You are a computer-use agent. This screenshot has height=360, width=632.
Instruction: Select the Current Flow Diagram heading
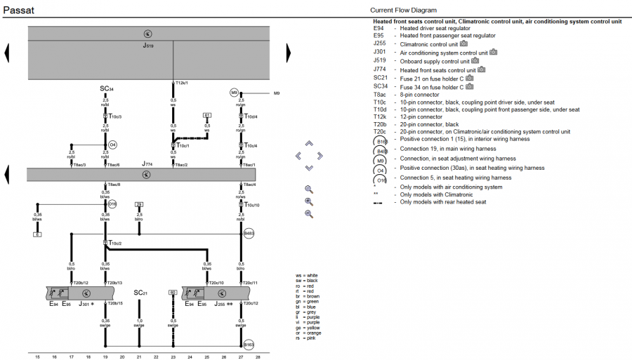(x=403, y=10)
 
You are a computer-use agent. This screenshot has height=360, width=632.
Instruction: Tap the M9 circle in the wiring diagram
(x=234, y=93)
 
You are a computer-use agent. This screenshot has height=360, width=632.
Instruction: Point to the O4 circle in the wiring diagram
(x=112, y=145)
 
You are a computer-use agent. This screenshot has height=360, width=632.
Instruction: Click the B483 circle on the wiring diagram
(x=247, y=233)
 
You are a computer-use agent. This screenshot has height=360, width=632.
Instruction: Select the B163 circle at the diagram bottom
(x=247, y=345)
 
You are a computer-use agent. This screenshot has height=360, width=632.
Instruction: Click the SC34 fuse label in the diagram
(x=106, y=89)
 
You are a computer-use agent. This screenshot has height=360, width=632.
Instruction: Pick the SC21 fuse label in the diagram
(x=140, y=292)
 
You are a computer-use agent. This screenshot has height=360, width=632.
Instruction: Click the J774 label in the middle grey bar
(x=146, y=164)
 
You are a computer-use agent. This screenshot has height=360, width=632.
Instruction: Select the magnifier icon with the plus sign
(x=309, y=201)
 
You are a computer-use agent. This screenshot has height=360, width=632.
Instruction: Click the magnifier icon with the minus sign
(x=309, y=213)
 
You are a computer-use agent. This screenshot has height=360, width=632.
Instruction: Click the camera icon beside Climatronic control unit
(x=464, y=44)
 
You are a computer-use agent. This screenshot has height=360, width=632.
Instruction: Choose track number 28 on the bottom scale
(x=258, y=356)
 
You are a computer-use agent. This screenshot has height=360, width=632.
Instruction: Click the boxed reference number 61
(x=206, y=114)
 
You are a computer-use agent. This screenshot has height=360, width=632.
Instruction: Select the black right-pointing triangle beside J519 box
(x=288, y=53)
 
